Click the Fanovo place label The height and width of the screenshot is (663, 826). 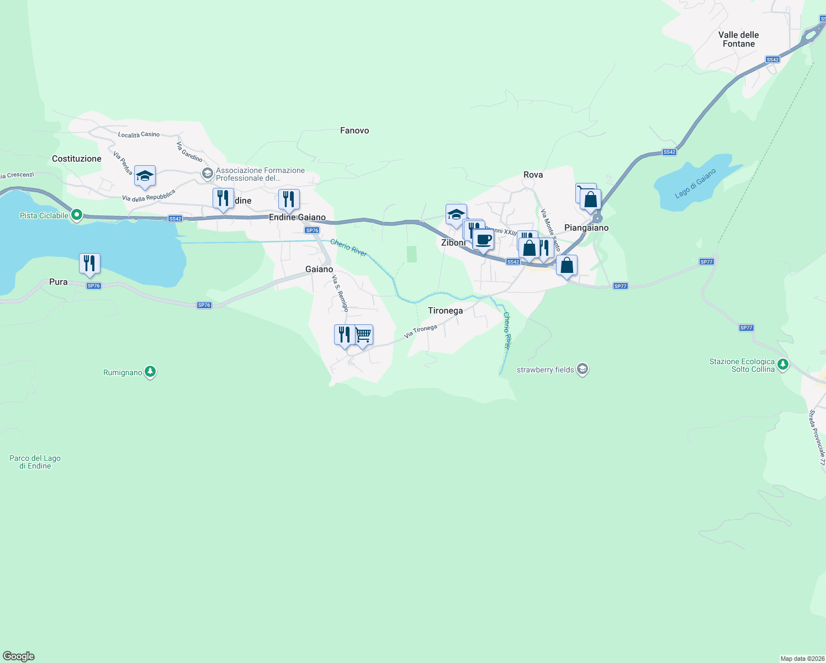354,130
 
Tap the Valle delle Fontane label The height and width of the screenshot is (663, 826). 738,39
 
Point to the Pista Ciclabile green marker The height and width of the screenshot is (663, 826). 77,215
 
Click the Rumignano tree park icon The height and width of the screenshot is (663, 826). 150,372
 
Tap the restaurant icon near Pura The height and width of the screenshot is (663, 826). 89,264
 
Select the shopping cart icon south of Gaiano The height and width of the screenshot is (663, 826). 363,334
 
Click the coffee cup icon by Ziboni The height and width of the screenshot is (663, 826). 483,240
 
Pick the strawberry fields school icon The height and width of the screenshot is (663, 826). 582,369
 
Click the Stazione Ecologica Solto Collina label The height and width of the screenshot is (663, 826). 742,365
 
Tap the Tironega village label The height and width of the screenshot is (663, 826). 445,311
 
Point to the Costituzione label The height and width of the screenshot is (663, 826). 77,159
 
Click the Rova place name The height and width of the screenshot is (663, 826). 533,175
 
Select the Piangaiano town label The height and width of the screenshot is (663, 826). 586,228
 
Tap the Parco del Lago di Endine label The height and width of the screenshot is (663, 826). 35,462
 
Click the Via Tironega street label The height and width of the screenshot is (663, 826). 420,331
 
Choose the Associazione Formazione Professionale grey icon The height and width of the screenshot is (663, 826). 207,174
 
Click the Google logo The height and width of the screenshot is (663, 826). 19,656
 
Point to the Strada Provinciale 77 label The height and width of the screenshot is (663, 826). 817,437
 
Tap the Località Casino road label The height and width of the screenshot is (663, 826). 139,135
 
